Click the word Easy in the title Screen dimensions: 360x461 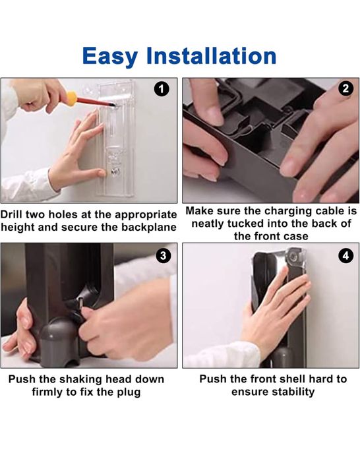[x=110, y=57]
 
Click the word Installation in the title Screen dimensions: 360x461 [x=211, y=55]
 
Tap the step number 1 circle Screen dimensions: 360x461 [x=162, y=89]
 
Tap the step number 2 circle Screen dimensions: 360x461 [x=345, y=88]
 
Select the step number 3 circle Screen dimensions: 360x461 [x=163, y=255]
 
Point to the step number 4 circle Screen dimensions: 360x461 [x=346, y=255]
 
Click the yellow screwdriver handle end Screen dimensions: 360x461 [x=71, y=98]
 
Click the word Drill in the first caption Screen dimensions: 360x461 [x=11, y=214]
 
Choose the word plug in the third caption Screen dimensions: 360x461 [x=128, y=392]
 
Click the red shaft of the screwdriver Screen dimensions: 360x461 [x=95, y=102]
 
